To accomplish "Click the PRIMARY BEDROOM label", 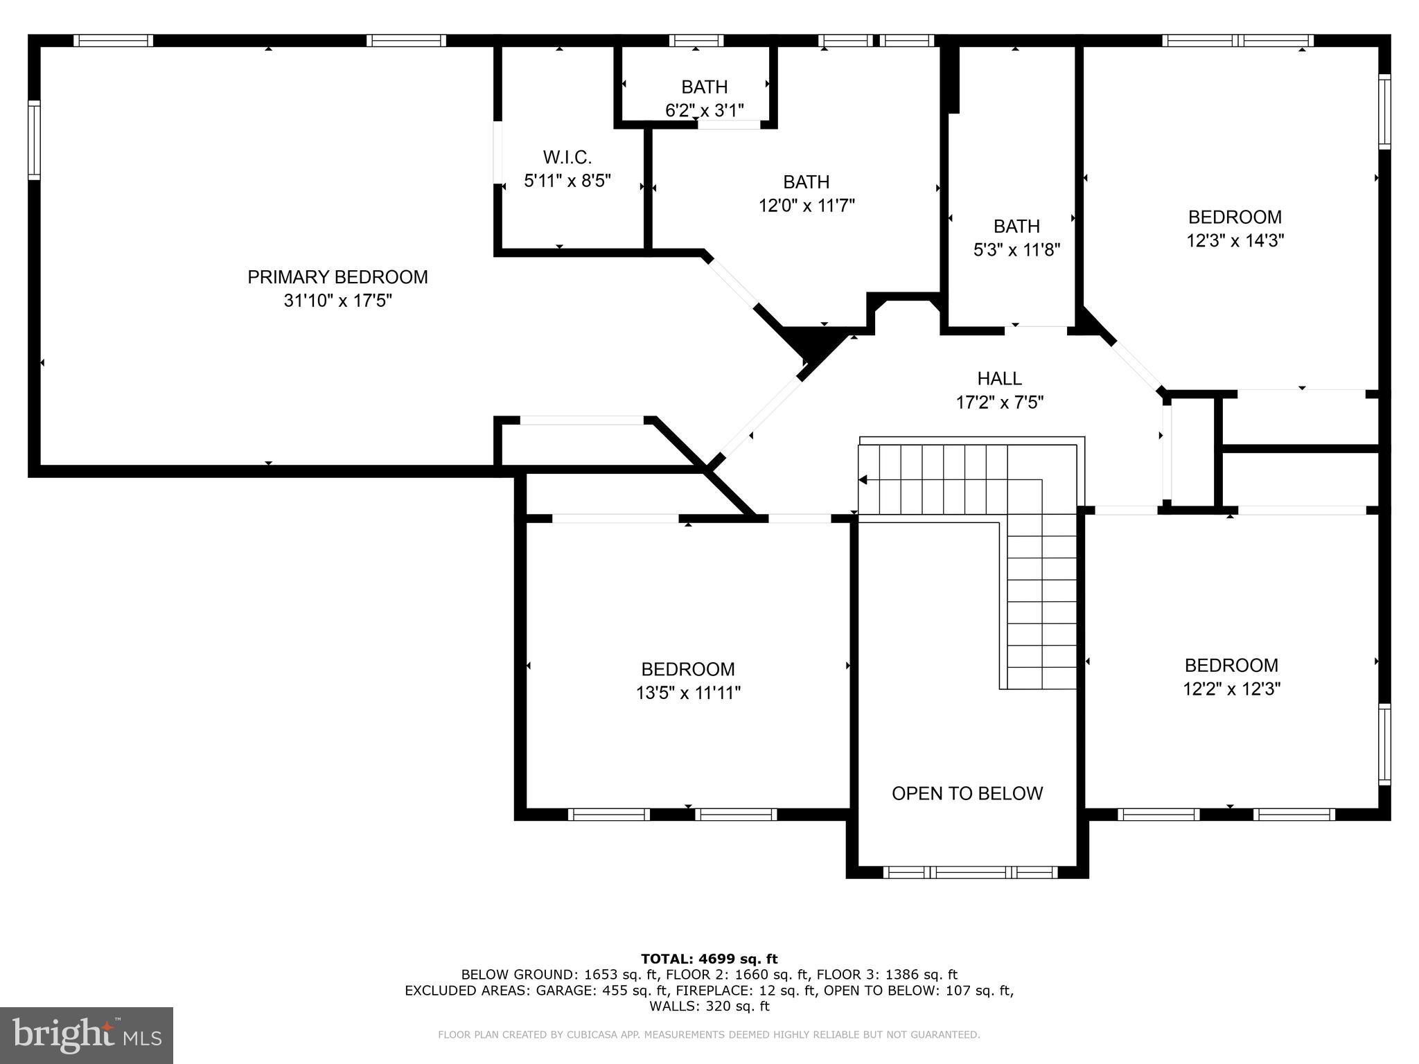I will click(337, 277).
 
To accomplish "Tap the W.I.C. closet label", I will click(567, 157).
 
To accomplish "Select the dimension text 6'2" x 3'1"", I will click(704, 110).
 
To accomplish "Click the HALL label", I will click(999, 378).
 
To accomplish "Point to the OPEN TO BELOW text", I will click(967, 793).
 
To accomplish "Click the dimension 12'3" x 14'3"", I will click(1235, 240).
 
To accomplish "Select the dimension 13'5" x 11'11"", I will click(688, 693).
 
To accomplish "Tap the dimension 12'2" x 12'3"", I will click(1231, 689).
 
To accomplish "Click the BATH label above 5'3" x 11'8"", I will click(1016, 227).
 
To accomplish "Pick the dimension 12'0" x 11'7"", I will click(806, 206).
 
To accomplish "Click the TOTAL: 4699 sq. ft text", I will click(709, 959).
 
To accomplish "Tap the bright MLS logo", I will click(87, 1035).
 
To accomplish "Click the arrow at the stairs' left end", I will click(863, 479).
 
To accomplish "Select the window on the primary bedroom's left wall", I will click(34, 140).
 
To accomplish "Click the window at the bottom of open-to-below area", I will click(970, 872).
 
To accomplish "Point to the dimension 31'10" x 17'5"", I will click(337, 301).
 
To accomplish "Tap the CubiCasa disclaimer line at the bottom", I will click(709, 1035).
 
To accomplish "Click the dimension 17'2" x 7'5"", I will click(999, 402).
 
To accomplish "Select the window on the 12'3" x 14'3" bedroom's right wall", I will click(1384, 112).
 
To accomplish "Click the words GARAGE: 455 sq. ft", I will click(601, 991).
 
